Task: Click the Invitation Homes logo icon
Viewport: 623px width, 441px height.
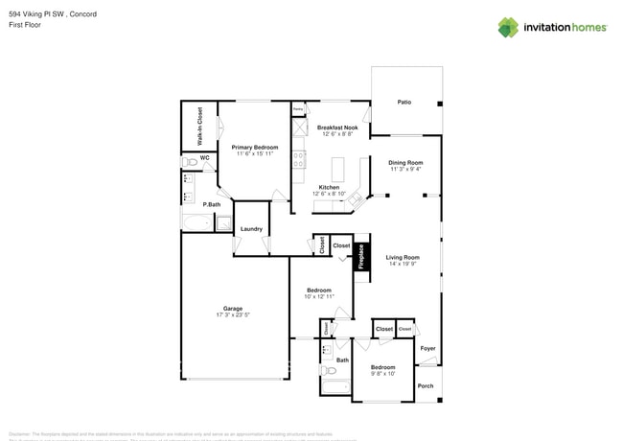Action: (507, 27)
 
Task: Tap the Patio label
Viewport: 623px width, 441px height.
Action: (404, 103)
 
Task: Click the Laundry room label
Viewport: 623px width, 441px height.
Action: (252, 229)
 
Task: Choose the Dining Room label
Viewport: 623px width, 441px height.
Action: (405, 162)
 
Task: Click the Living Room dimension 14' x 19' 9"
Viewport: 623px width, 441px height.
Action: (404, 265)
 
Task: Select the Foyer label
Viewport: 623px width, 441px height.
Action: (427, 348)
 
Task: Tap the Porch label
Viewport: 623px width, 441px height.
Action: (426, 385)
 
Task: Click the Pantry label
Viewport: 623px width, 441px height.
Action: (298, 109)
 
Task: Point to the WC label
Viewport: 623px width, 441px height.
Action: (204, 158)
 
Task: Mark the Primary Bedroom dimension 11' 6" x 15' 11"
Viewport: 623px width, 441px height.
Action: (253, 153)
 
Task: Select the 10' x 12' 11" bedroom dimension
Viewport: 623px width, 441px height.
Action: (319, 296)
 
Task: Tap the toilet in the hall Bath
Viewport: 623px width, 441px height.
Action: (330, 370)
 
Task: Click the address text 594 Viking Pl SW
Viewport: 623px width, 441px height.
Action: (38, 14)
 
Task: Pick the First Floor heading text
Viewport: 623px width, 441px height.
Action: (22, 26)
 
